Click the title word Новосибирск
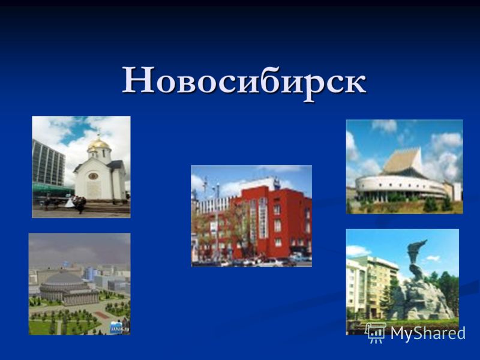tap(244, 80)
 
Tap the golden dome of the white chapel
tap(98, 144)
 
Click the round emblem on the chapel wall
tap(93, 176)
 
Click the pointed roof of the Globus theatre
tap(402, 161)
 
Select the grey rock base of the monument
tap(422, 300)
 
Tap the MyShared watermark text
tap(428, 333)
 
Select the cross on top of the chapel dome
tap(98, 136)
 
